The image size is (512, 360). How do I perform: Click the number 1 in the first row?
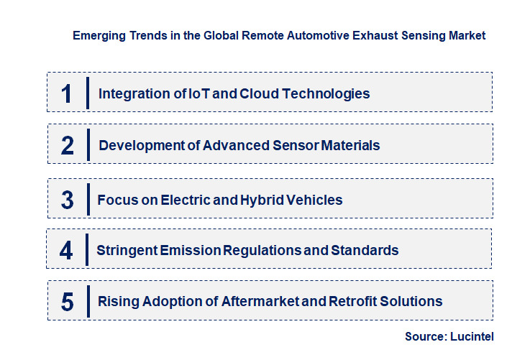[66, 93]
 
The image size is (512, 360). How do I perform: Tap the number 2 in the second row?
[68, 146]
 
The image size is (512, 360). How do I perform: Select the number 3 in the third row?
[68, 200]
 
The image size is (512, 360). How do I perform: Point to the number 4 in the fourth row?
[66, 251]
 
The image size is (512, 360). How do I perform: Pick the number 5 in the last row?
[68, 302]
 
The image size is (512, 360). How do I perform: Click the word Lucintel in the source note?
[475, 336]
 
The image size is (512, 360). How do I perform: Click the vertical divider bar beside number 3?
[87, 198]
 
